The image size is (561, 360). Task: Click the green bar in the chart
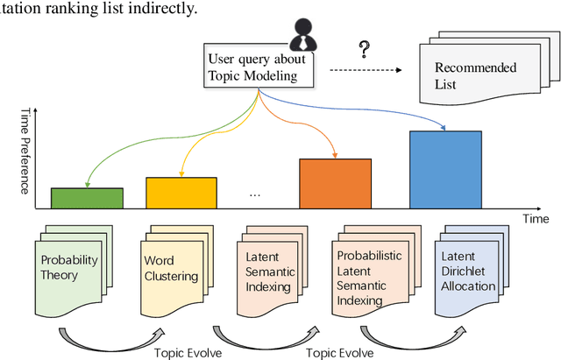[x=86, y=198]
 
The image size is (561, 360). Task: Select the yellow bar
[x=181, y=193]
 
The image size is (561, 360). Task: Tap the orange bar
[x=336, y=183]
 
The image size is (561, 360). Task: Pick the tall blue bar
[x=445, y=169]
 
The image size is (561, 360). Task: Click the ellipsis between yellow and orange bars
[x=256, y=194]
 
